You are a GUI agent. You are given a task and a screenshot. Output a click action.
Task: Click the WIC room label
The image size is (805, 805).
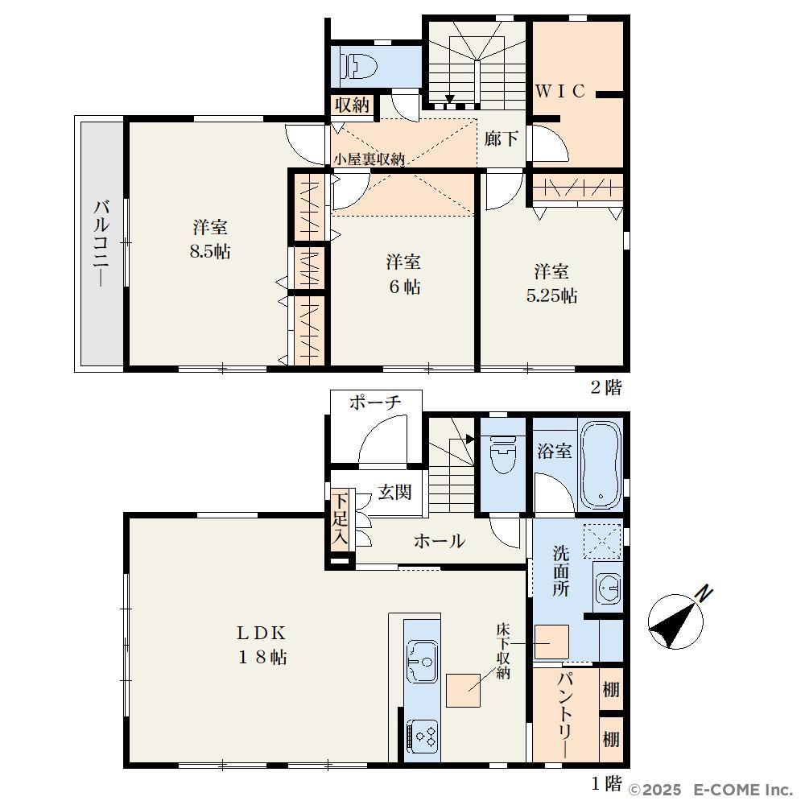point(560,92)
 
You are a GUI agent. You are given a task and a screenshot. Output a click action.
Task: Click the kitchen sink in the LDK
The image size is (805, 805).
point(422,661)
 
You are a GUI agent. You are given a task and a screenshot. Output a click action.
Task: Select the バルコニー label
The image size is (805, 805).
point(101,243)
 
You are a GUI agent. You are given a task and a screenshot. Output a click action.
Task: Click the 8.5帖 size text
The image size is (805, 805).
point(210,251)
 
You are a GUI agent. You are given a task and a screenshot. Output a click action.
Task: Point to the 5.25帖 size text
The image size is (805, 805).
point(552,295)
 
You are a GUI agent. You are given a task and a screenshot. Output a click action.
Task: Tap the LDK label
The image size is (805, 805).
point(261,633)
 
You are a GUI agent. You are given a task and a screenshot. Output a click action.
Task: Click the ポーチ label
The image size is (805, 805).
point(375,402)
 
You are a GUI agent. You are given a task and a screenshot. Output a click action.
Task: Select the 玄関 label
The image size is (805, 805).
point(394,493)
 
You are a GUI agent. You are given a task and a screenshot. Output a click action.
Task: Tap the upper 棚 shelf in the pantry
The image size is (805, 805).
point(611,690)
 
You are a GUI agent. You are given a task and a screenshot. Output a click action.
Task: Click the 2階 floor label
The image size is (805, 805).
point(606,387)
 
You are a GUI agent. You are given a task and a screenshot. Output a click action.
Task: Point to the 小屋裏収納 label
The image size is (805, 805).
point(369,159)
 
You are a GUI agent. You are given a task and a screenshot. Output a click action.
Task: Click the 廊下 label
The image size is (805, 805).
point(501,138)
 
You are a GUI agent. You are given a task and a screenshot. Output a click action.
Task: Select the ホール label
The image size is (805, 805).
point(440,541)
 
